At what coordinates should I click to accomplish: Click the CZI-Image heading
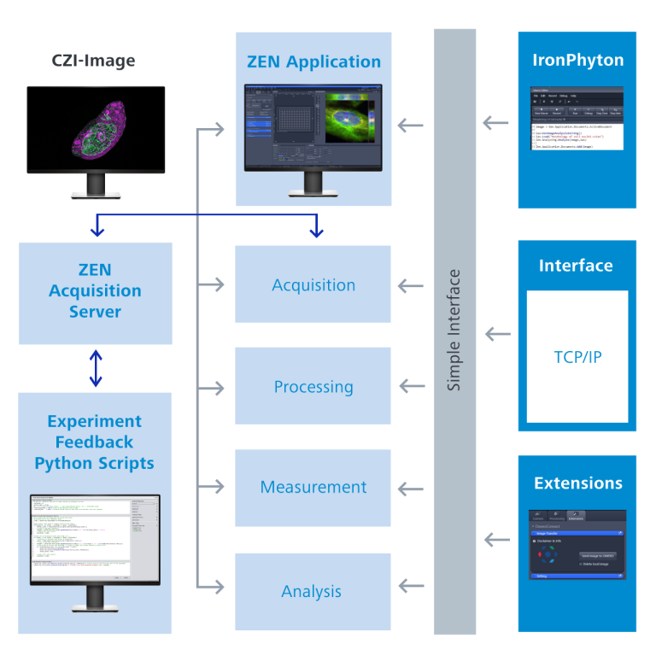tap(95, 61)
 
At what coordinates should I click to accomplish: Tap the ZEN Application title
tap(313, 61)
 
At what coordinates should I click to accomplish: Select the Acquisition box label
tap(313, 285)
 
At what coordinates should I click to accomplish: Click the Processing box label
tap(313, 387)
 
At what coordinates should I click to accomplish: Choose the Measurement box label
tap(313, 487)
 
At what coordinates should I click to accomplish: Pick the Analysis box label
tap(312, 591)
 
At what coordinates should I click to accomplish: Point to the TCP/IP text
tap(577, 356)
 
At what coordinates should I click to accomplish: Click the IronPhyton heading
tap(577, 60)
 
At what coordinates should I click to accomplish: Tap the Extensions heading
tap(577, 483)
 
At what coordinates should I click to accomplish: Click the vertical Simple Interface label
tap(454, 331)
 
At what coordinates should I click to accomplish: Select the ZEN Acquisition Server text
tap(95, 290)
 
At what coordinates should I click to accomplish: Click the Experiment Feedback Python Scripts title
tap(95, 442)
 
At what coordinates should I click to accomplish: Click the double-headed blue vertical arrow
tap(96, 368)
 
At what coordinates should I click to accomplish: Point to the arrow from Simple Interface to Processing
tap(412, 387)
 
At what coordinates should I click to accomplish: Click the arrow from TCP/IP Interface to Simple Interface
tap(496, 333)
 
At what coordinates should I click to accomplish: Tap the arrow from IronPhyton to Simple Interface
tap(496, 123)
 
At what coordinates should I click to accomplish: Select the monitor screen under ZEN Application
tap(313, 126)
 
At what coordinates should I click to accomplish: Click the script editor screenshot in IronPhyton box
tap(577, 118)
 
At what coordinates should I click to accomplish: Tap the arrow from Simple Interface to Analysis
tap(412, 586)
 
